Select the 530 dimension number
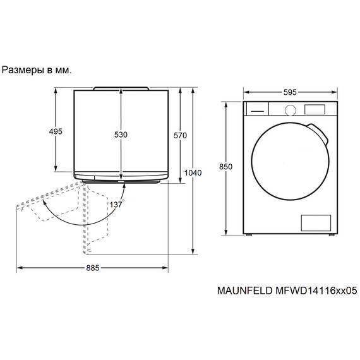[x=121, y=135]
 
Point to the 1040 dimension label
[x=193, y=173]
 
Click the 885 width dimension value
[x=92, y=268]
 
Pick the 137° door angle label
[x=116, y=205]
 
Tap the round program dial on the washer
[x=290, y=109]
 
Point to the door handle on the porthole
[x=322, y=134]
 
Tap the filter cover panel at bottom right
[x=315, y=222]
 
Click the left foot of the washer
[x=250, y=234]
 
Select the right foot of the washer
[x=330, y=234]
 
